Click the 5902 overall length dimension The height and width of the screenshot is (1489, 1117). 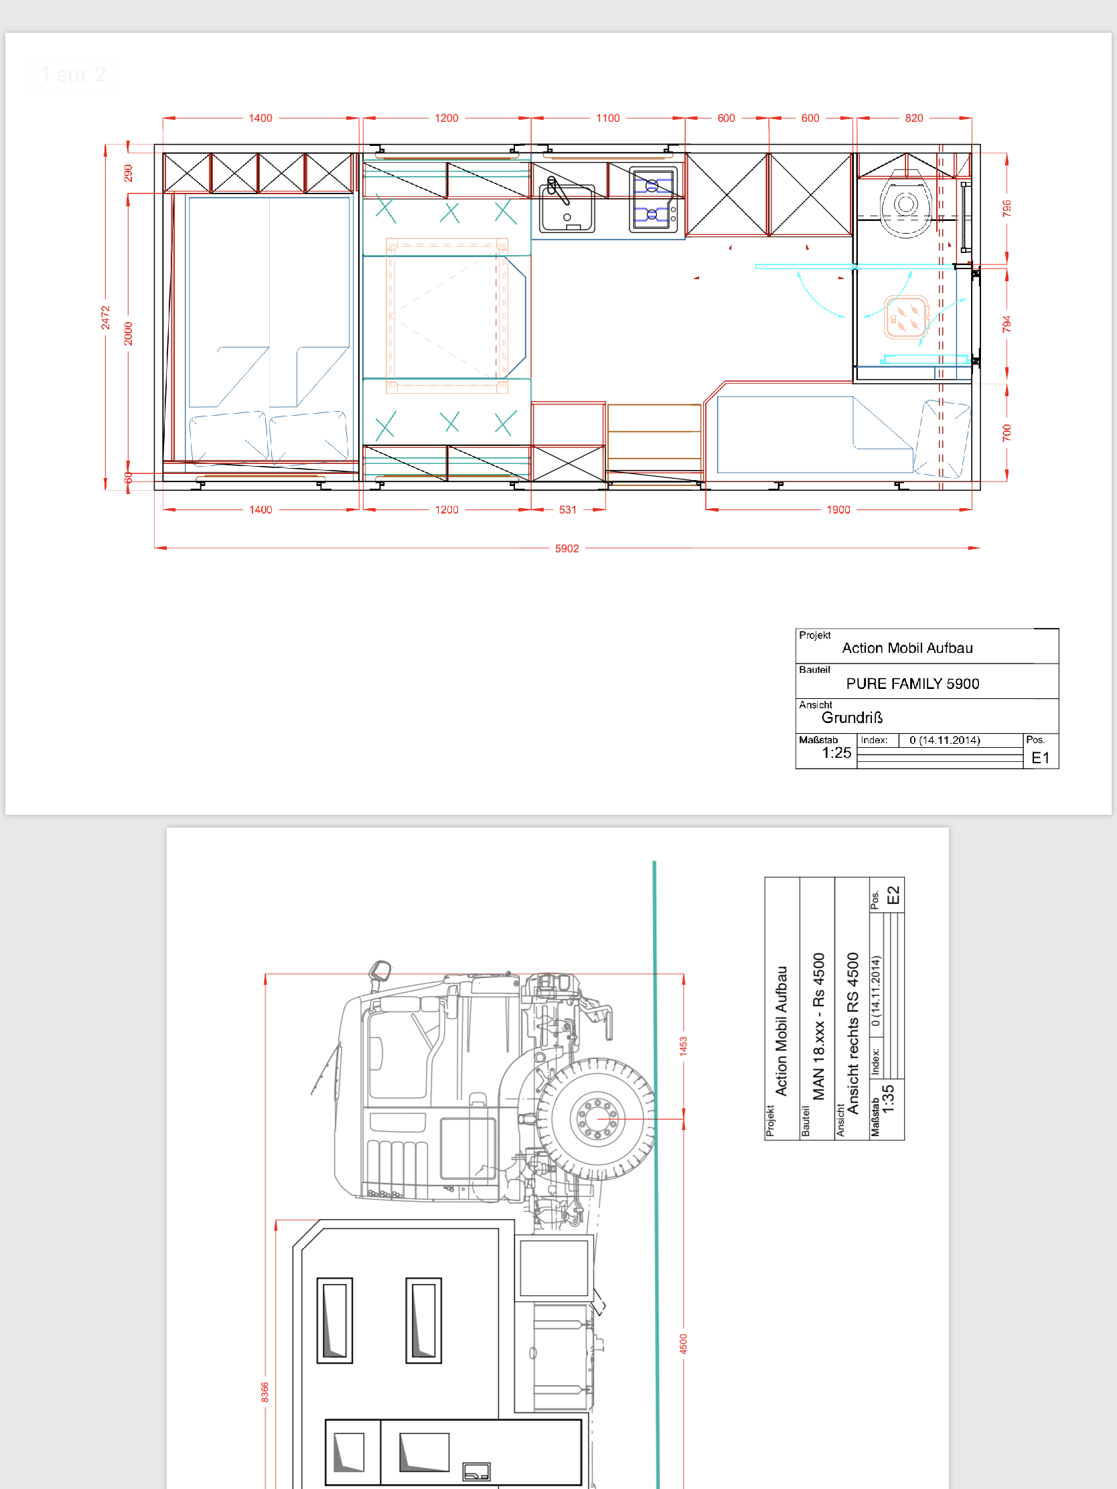tap(567, 548)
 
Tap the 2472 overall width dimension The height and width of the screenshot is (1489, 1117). tap(106, 318)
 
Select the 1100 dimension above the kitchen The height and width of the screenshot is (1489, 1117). tap(608, 119)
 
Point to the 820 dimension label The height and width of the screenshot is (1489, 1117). tap(913, 119)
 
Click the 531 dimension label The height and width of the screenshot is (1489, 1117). tap(568, 510)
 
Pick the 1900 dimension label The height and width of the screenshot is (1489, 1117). tap(838, 510)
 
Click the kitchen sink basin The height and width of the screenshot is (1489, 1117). tap(567, 208)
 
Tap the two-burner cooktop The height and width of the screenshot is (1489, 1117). tap(653, 200)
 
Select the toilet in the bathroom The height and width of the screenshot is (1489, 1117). tap(905, 205)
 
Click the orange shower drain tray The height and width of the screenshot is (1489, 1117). tap(906, 317)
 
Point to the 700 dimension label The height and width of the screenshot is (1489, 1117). tap(1007, 433)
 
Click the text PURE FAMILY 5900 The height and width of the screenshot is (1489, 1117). tap(912, 684)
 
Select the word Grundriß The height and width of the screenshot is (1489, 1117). tap(852, 718)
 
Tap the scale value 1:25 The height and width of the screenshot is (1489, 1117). tap(836, 753)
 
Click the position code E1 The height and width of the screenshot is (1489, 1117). tap(1040, 758)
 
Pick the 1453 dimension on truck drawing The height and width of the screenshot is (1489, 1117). tap(684, 1045)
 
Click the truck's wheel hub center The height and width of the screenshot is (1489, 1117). tap(597, 1119)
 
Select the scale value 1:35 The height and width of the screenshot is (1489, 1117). tap(888, 1098)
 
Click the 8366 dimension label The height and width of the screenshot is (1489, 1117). tap(265, 1392)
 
